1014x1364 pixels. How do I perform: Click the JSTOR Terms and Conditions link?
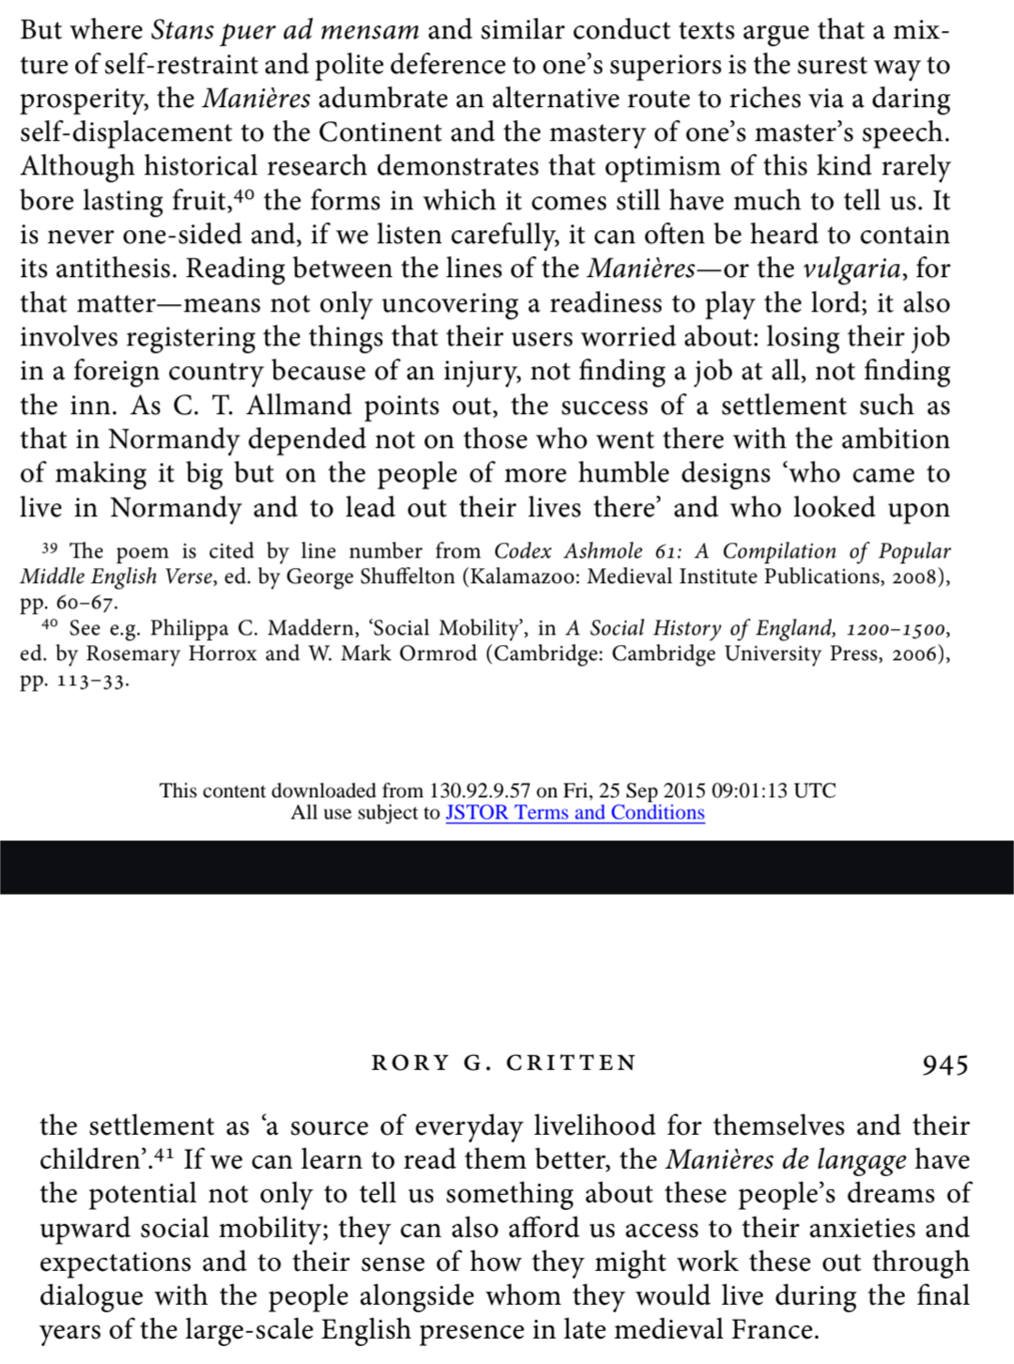coord(575,813)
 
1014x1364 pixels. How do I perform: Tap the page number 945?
coord(945,1065)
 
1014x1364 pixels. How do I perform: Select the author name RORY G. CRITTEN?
coord(504,1063)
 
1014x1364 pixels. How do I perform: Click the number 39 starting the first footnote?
coord(50,547)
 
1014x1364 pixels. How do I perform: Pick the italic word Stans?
coord(184,30)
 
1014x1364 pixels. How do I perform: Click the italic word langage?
coord(862,1160)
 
